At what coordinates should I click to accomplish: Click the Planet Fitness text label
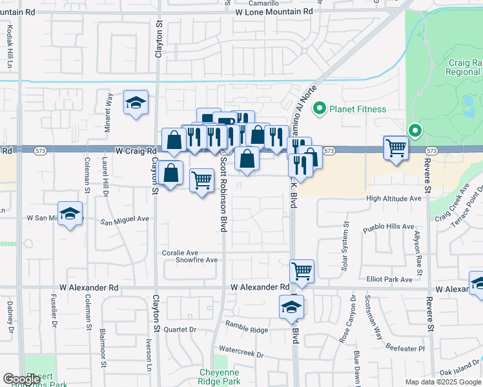[x=358, y=109]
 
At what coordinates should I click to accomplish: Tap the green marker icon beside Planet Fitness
[x=318, y=108]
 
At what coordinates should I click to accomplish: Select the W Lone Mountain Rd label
[x=274, y=12]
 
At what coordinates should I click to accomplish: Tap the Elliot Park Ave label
[x=389, y=279]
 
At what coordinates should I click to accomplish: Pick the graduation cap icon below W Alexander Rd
[x=291, y=306]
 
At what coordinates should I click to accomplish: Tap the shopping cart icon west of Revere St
[x=395, y=147]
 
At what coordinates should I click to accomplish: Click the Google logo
[x=21, y=379]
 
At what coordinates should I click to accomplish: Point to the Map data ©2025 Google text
[x=442, y=382]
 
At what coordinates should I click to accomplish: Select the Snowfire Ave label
[x=197, y=260]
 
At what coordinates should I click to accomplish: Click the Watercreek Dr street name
[x=241, y=354]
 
